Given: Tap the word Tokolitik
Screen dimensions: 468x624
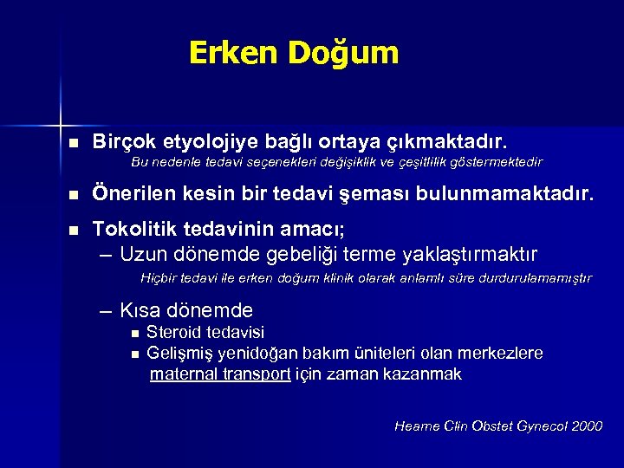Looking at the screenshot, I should click(140, 231).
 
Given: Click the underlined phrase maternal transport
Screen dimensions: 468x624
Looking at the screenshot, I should click(219, 374).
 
